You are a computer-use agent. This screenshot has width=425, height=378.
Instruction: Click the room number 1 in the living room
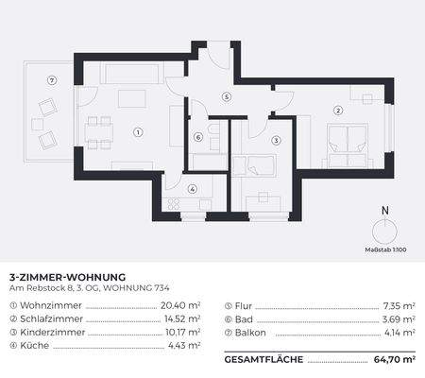tap(139, 132)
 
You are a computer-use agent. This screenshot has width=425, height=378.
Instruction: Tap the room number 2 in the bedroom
tap(339, 111)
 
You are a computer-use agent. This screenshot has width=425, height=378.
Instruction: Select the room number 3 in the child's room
tap(276, 141)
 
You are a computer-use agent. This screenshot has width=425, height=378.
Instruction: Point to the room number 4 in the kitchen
tap(193, 189)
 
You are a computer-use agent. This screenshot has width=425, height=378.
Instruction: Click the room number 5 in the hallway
tap(227, 96)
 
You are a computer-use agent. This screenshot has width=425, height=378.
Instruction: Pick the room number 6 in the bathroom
tap(198, 137)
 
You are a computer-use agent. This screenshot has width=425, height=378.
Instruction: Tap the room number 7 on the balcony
tap(52, 80)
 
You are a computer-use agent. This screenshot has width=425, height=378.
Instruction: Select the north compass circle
tap(384, 232)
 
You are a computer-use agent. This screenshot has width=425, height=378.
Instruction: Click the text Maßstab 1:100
tap(384, 250)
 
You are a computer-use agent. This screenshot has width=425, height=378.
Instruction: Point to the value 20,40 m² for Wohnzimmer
tap(181, 306)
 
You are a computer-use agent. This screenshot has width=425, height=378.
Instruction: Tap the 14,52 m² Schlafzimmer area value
tap(181, 319)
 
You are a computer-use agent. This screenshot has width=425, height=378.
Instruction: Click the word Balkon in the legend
tap(249, 333)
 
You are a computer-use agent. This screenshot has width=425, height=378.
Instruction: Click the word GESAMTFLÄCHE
tap(264, 360)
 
